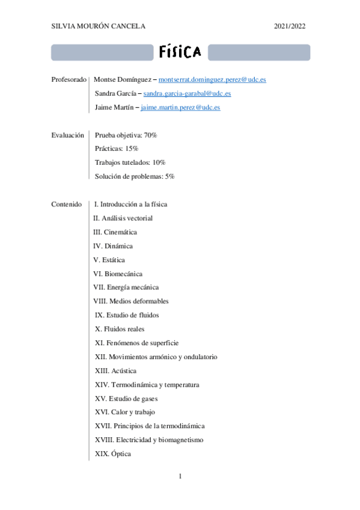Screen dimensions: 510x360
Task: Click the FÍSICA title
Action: pos(180,52)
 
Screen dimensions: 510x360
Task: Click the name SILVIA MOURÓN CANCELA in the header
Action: pos(99,26)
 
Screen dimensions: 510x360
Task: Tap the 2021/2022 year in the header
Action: pos(290,26)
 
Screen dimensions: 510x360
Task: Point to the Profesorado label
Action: pos(70,79)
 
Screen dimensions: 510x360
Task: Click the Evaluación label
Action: pos(68,135)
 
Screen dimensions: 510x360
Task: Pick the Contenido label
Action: pos(67,204)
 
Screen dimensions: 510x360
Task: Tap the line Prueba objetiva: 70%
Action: pos(126,135)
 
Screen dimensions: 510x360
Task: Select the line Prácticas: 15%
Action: pos(117,149)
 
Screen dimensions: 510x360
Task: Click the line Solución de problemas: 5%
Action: pos(135,176)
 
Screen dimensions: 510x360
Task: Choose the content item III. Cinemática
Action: pos(115,232)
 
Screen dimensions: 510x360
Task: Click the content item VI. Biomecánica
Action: pos(118,274)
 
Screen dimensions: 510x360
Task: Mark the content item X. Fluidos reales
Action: pos(120,329)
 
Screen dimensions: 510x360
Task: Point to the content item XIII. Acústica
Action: pos(115,370)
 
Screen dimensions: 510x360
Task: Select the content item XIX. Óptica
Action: pos(113,453)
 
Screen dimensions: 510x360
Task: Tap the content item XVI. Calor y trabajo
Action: pos(124,412)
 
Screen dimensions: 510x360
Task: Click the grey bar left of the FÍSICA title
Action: pos(102,52)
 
